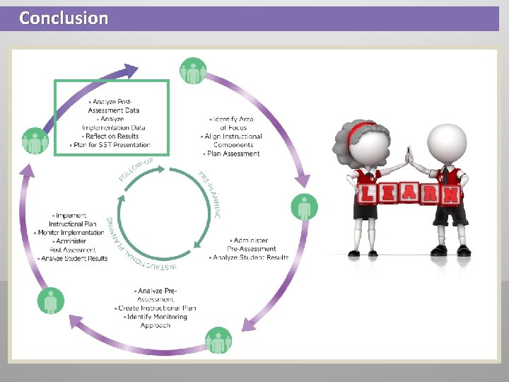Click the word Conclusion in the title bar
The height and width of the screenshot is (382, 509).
click(x=64, y=18)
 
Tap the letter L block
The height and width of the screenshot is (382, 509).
click(x=368, y=194)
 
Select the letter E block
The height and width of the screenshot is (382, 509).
click(x=389, y=194)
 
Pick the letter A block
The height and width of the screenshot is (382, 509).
click(x=410, y=193)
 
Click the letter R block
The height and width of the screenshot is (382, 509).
click(x=431, y=194)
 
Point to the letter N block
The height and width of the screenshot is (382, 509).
click(x=451, y=194)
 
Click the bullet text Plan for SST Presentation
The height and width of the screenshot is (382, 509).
click(x=111, y=145)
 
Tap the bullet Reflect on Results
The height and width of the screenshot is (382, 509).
click(x=111, y=137)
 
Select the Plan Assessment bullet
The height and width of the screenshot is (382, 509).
click(x=234, y=154)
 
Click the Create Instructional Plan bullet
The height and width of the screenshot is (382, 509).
click(x=157, y=308)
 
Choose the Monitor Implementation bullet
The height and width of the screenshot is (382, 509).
click(x=71, y=233)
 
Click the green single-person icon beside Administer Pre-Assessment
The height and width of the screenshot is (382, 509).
click(x=304, y=207)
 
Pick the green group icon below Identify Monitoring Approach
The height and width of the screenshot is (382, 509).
click(x=218, y=342)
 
